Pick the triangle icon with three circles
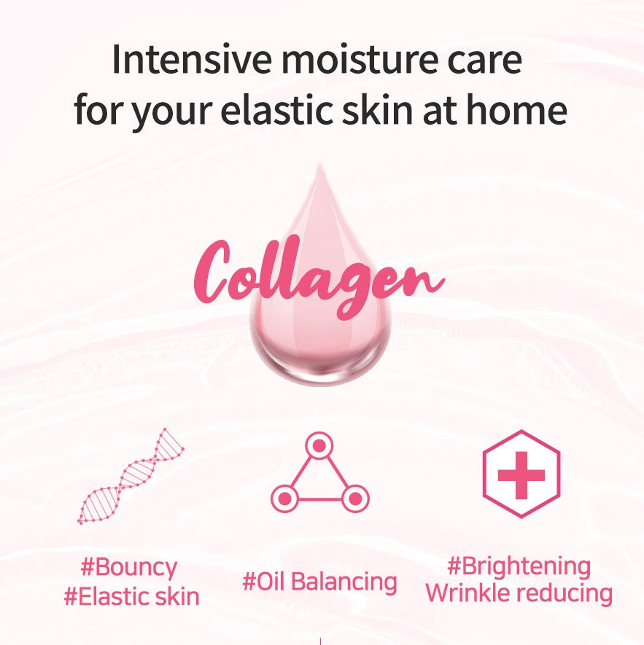320,474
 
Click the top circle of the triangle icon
320,445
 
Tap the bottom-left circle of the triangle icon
284,499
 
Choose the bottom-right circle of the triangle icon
355,499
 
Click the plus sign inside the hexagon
521,474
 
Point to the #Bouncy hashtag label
130,568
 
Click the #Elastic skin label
131,597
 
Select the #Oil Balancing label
319,582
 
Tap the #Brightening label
519,566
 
